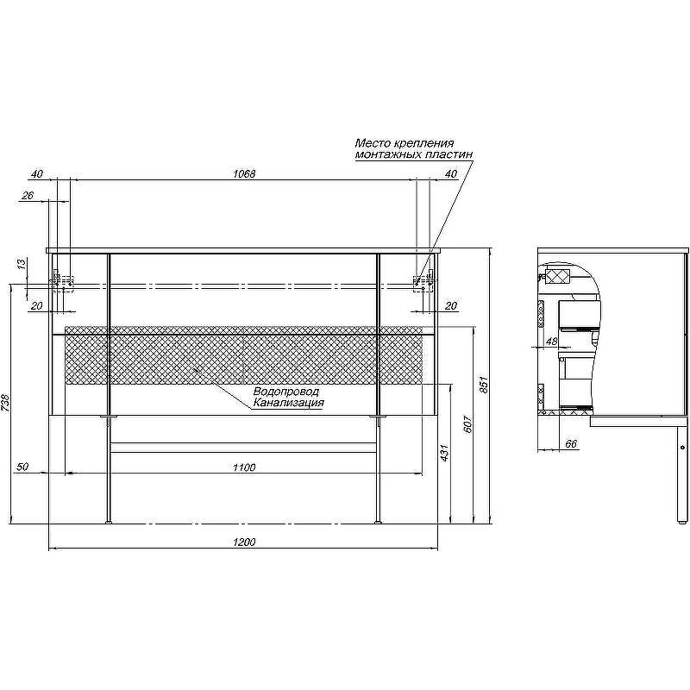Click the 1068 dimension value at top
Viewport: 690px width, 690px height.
click(x=244, y=174)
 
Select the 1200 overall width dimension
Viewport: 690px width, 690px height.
click(x=244, y=543)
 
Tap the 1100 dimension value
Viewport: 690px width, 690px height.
click(x=244, y=467)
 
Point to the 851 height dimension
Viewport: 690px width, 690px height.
click(x=484, y=385)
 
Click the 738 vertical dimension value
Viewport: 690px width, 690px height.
click(x=5, y=403)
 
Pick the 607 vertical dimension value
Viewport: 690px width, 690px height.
click(x=467, y=423)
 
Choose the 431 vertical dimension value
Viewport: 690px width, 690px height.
click(x=444, y=453)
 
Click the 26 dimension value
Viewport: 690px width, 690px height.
click(x=28, y=195)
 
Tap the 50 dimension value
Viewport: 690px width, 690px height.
click(x=22, y=467)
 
